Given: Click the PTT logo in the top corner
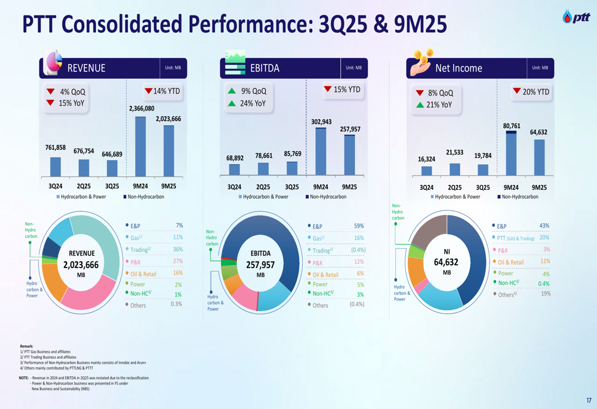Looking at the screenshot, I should click(576, 17).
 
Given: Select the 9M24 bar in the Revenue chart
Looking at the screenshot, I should click(140, 146).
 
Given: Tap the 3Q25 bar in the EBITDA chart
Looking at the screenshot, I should click(292, 168).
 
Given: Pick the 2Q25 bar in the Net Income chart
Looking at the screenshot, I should click(455, 170).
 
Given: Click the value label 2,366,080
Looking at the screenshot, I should click(141, 109).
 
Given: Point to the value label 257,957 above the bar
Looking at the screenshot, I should click(350, 129).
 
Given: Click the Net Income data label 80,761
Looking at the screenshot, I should click(511, 126).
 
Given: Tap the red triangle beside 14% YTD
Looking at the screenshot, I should click(149, 91).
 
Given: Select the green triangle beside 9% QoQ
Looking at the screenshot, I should click(232, 91).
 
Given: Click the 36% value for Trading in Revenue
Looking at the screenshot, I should click(177, 250).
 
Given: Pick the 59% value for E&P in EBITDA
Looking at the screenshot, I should click(359, 226).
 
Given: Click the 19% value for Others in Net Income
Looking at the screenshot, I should click(545, 294).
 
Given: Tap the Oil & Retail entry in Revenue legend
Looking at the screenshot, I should click(144, 274).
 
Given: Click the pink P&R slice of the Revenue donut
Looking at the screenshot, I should click(90, 293).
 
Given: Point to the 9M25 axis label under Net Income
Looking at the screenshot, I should click(539, 187).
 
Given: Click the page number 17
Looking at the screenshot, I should click(589, 401).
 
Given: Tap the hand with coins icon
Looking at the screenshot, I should click(422, 64).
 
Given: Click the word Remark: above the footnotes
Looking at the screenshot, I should click(26, 346).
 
